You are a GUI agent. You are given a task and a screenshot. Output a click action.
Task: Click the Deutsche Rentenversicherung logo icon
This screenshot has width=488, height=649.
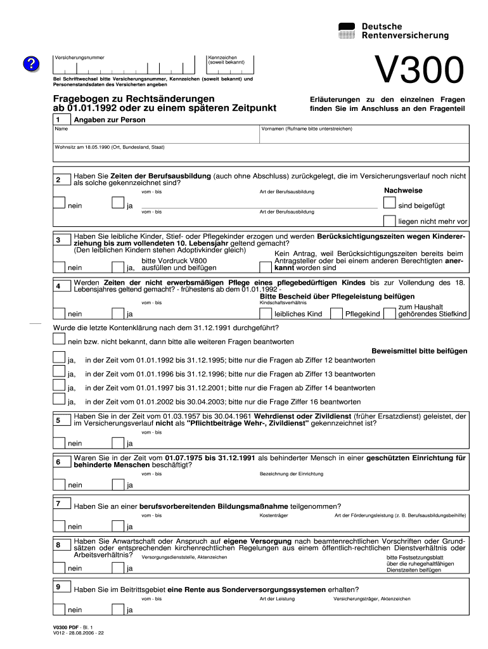[347, 30]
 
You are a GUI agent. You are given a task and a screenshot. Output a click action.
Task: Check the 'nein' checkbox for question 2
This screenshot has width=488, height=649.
[59, 203]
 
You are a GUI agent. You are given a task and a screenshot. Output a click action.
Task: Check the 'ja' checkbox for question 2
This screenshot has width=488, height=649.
[117, 203]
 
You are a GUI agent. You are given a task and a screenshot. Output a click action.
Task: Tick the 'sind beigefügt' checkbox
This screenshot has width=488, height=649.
[388, 203]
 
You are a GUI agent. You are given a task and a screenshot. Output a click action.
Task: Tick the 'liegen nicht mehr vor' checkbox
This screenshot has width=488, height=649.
[388, 220]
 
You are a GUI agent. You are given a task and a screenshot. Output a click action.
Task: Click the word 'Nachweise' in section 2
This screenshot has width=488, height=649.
[403, 191]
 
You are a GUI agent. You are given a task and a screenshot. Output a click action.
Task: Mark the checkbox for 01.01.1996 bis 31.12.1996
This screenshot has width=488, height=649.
[59, 373]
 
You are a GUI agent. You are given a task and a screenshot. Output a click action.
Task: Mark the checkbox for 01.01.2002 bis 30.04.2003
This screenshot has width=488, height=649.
[59, 400]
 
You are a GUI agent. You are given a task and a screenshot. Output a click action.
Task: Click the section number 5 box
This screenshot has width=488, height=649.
[58, 420]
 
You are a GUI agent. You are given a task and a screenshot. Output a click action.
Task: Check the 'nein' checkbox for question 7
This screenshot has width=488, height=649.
[59, 525]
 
